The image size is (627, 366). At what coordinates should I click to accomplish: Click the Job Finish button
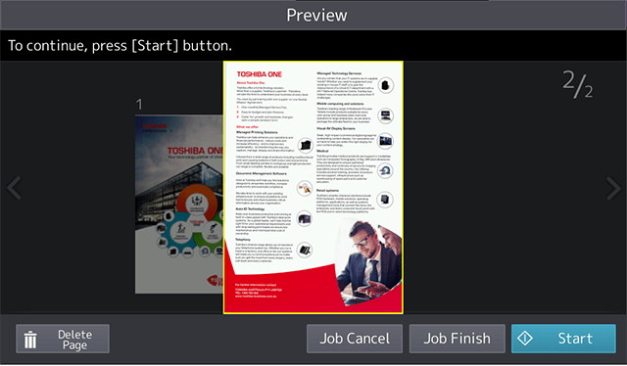pos(457,339)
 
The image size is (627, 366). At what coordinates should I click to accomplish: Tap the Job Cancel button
pos(354,339)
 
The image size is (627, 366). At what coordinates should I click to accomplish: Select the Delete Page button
pos(62,339)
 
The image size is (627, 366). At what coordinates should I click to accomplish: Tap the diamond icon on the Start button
pos(526,339)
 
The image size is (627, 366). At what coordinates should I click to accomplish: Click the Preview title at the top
pos(315,15)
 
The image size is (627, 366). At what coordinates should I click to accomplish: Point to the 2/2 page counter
pos(578,85)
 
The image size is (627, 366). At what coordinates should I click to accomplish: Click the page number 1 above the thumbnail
pos(140,105)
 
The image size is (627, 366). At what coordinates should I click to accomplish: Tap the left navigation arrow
pos(14,188)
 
